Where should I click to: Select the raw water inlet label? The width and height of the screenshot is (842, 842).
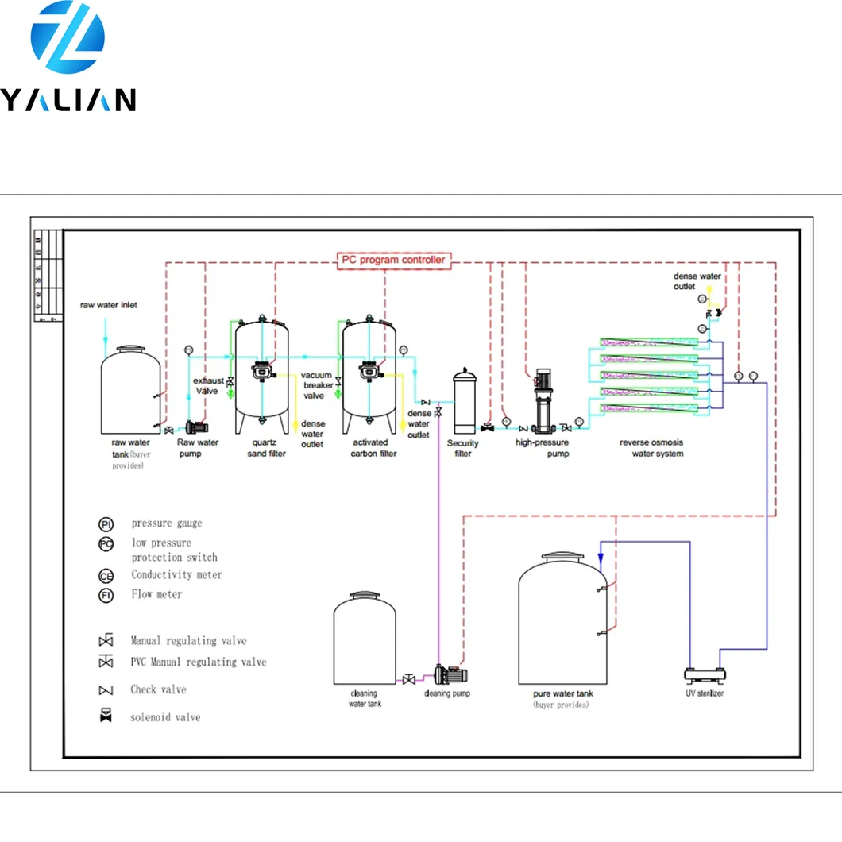point(108,305)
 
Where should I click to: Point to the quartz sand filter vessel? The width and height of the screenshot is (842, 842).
point(261,369)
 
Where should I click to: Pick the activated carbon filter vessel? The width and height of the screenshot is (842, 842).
point(369,369)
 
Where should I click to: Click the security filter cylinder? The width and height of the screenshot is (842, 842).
point(463,400)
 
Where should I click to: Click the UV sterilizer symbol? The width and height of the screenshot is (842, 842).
point(705,675)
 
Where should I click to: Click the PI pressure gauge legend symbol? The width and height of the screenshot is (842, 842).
point(106,524)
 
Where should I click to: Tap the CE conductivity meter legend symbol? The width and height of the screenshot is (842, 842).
point(106,576)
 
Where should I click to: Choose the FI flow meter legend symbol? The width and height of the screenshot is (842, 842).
point(106,595)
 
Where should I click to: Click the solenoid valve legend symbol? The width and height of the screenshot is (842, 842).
point(105,716)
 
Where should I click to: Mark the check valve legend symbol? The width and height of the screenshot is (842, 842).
point(105,689)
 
